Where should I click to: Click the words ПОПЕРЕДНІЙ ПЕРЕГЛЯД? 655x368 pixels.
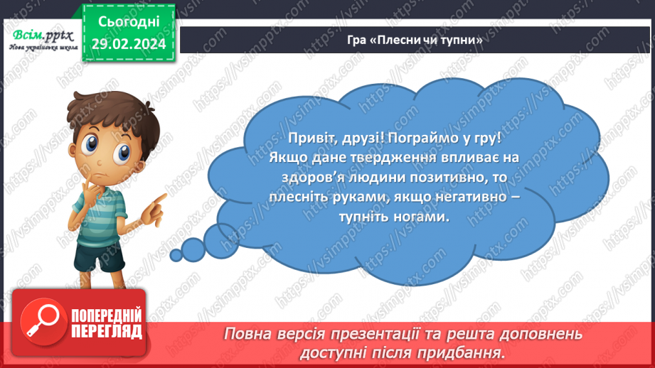pyautogui.click(x=107, y=323)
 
